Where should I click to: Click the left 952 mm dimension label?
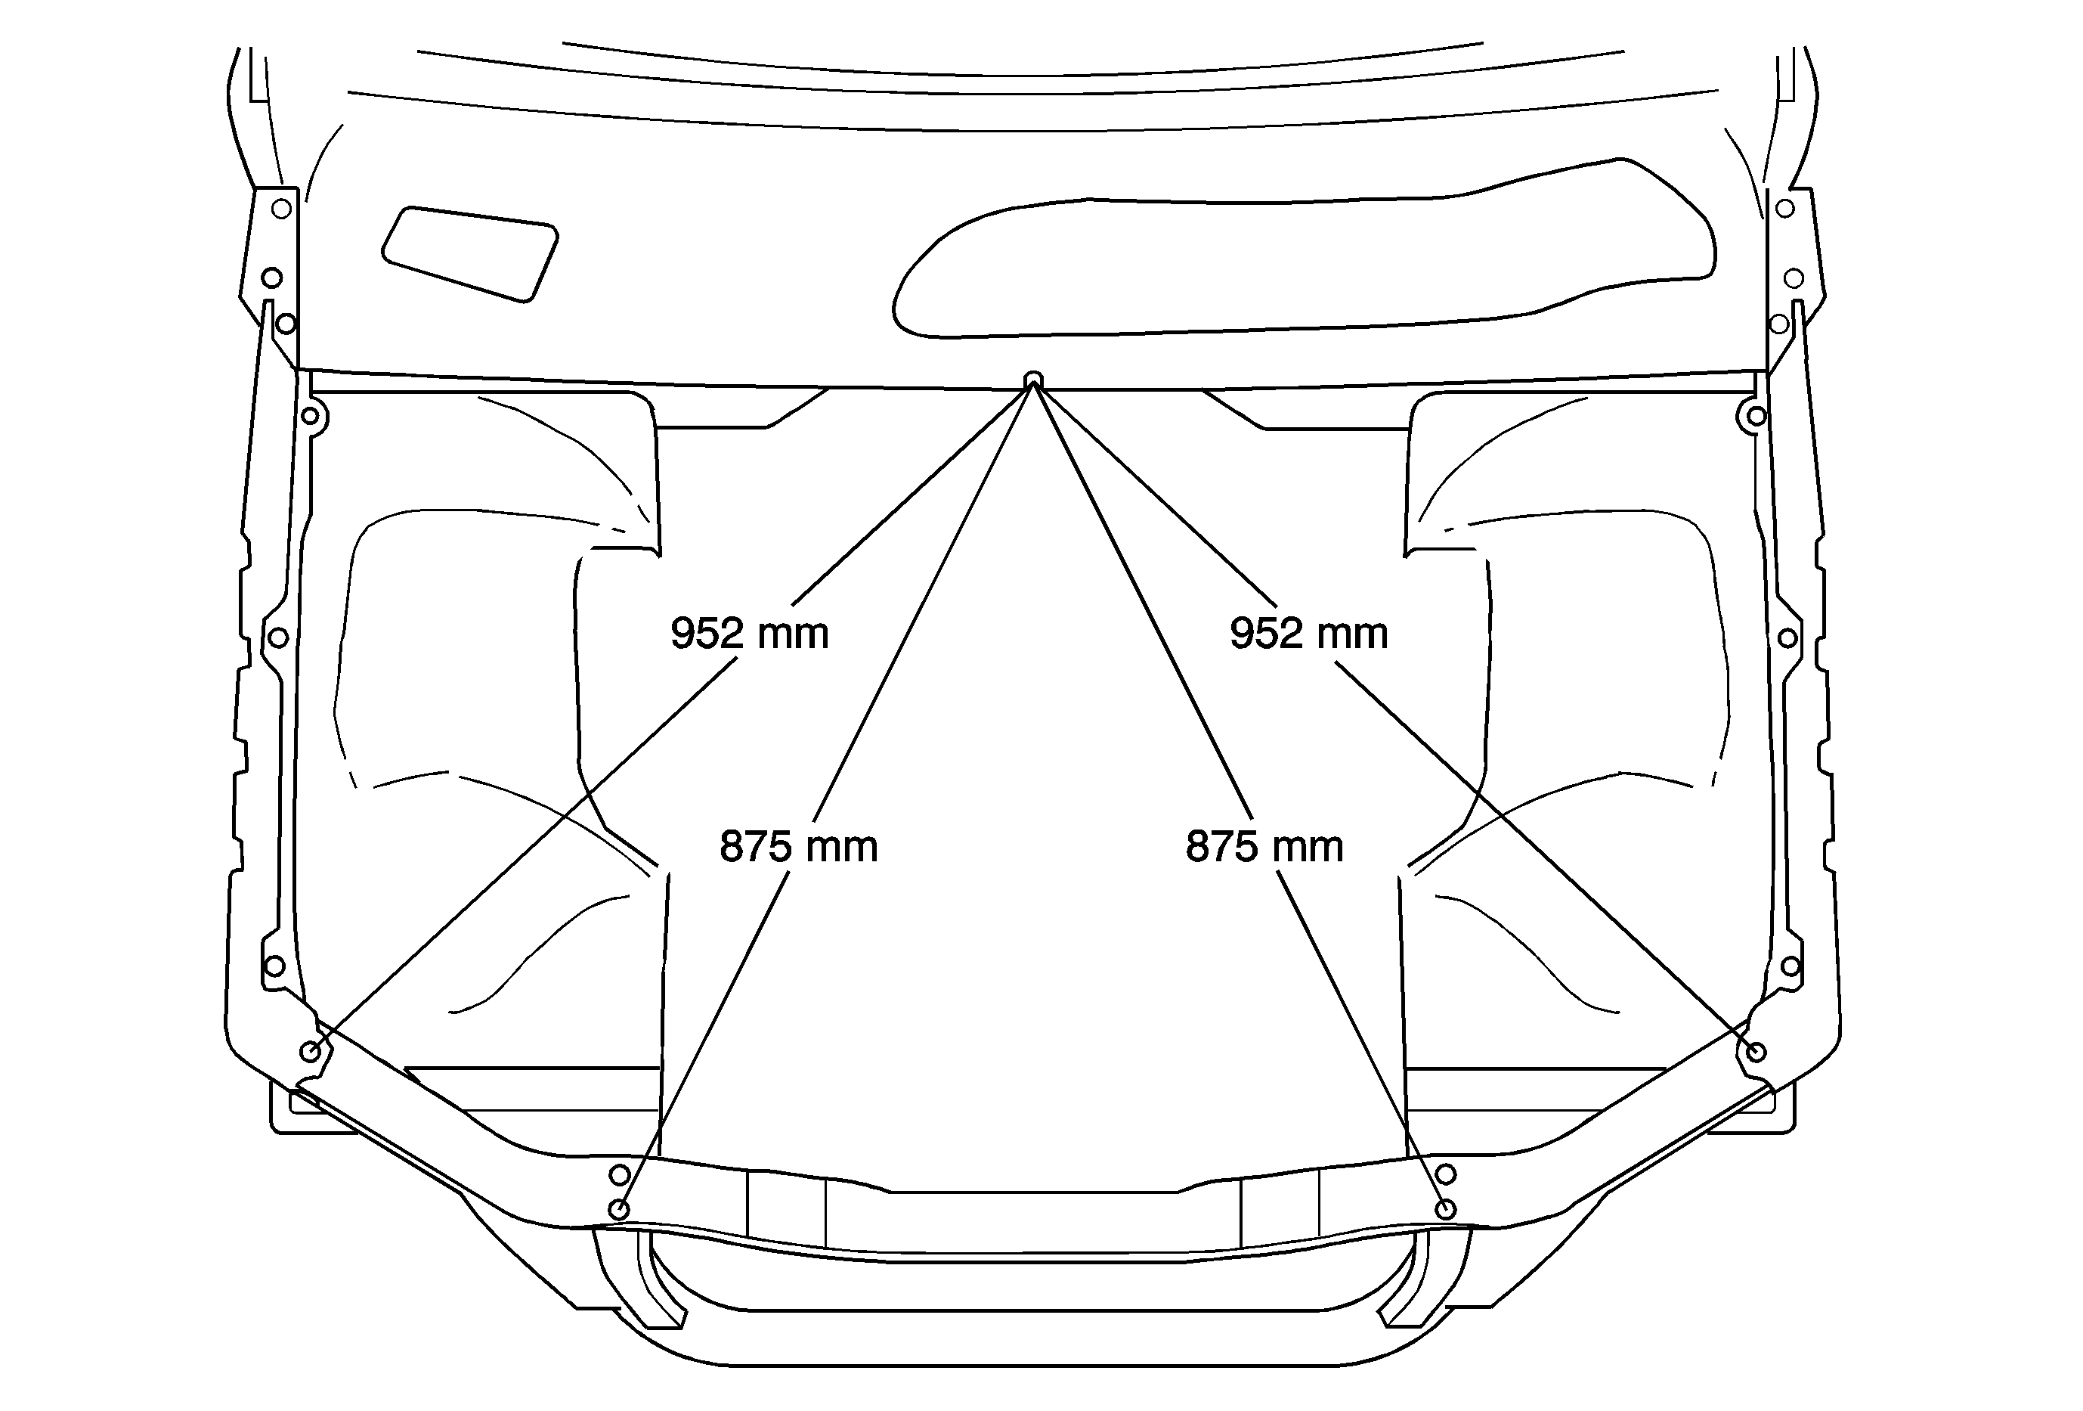pyautogui.click(x=749, y=634)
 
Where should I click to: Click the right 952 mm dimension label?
pyautogui.click(x=1308, y=634)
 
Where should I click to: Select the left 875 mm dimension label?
pyautogui.click(x=799, y=847)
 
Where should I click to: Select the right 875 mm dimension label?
pyautogui.click(x=1264, y=847)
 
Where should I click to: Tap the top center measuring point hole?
pyautogui.click(x=1033, y=378)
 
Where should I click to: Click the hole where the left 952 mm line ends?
pyautogui.click(x=310, y=1053)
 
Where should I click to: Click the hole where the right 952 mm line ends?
pyautogui.click(x=1756, y=1053)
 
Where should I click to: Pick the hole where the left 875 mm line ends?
pyautogui.click(x=618, y=1210)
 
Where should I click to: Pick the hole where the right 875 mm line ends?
pyautogui.click(x=1446, y=1210)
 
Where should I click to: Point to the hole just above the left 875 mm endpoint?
pyautogui.click(x=619, y=1174)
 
